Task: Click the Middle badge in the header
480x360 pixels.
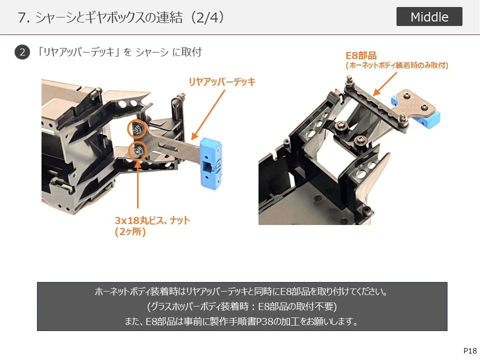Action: click(x=429, y=16)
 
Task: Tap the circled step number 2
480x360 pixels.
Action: click(x=22, y=52)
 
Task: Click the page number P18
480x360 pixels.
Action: click(x=470, y=351)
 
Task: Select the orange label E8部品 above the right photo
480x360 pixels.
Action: click(x=361, y=55)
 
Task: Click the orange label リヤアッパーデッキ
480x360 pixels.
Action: click(x=222, y=81)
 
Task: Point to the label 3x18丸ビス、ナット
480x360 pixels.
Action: click(x=152, y=220)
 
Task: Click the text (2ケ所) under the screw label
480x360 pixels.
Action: click(x=130, y=231)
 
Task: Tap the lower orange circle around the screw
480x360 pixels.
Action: click(x=137, y=151)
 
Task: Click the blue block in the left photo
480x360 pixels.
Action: click(x=211, y=163)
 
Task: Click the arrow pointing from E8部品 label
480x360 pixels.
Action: click(x=385, y=84)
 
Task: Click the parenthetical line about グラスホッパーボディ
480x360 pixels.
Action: click(x=242, y=306)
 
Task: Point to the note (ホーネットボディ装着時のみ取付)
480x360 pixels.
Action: click(x=397, y=65)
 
